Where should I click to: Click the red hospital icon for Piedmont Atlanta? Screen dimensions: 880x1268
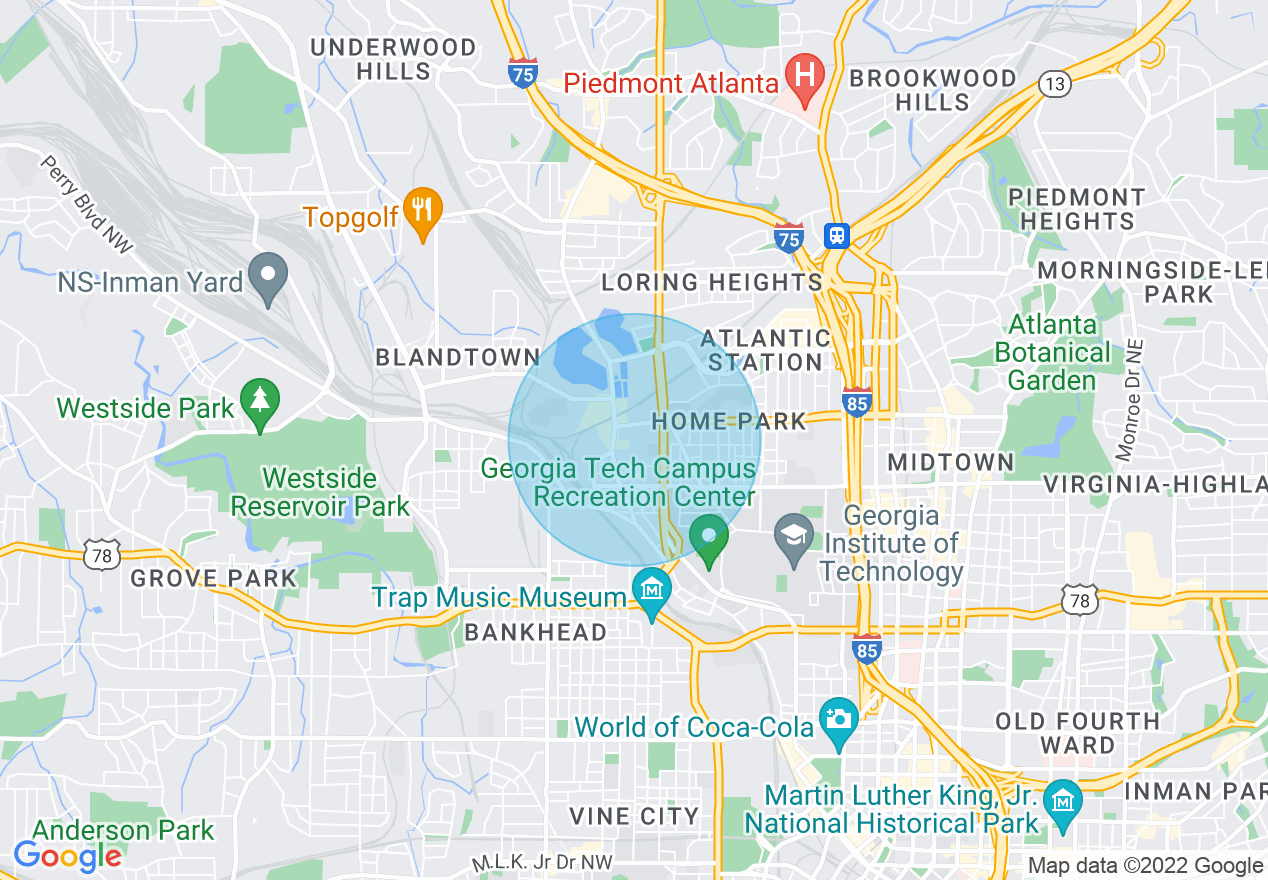[802, 75]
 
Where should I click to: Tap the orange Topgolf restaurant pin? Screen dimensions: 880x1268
[424, 212]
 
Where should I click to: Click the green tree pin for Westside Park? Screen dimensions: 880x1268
[260, 403]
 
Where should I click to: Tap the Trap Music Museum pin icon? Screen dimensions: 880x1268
[652, 591]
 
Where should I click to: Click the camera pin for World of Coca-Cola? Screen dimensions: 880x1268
[838, 720]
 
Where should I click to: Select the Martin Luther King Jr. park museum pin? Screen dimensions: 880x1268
[1062, 802]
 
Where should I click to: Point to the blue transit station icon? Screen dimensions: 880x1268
[836, 235]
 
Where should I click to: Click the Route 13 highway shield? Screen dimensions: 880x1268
[1053, 84]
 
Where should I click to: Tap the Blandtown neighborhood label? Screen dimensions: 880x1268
[457, 357]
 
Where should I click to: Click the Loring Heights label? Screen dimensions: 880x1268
[712, 282]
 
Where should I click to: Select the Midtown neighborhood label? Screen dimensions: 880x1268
[951, 462]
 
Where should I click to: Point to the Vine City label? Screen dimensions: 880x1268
[634, 816]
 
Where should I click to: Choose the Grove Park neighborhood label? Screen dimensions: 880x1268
[214, 578]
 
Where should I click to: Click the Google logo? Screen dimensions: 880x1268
[68, 856]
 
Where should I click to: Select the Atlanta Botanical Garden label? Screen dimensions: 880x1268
[1052, 353]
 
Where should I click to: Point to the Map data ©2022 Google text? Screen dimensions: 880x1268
[1146, 866]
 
